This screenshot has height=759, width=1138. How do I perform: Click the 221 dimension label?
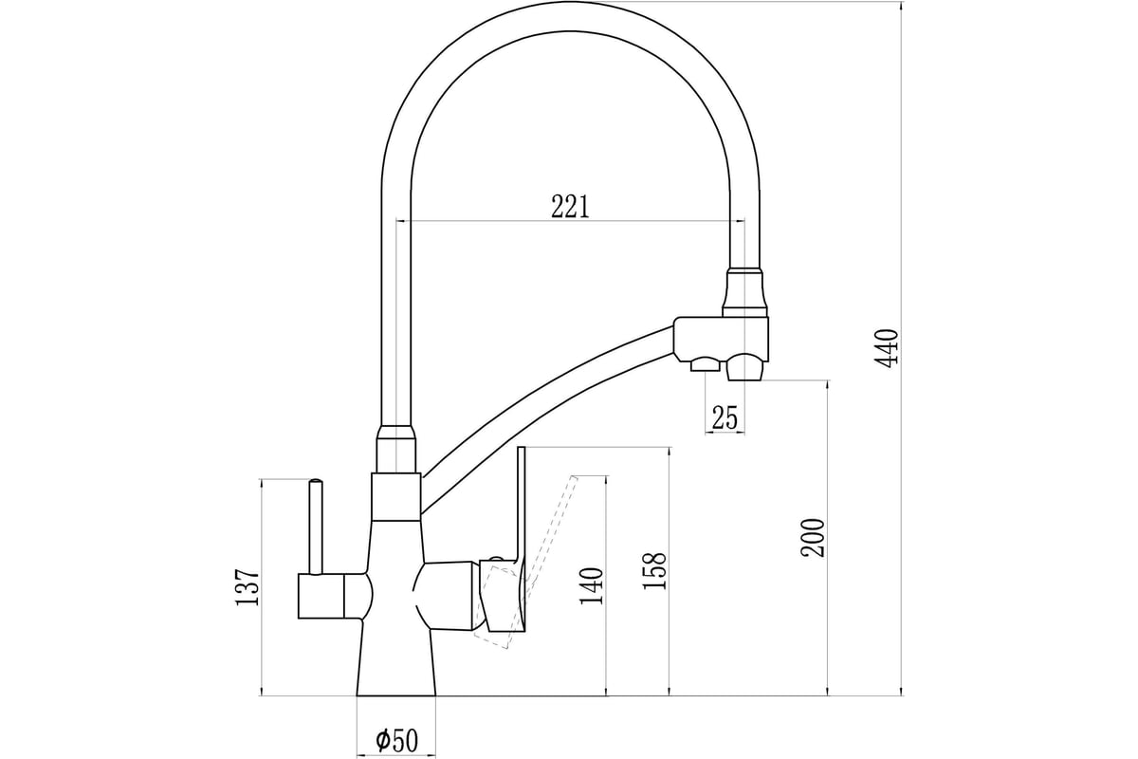pyautogui.click(x=570, y=207)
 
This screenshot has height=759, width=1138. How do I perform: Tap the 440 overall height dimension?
pyautogui.click(x=887, y=348)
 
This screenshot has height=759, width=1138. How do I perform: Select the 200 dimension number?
pyautogui.click(x=813, y=537)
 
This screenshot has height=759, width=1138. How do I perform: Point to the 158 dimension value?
pyautogui.click(x=654, y=571)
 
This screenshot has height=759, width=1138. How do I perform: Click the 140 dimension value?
pyautogui.click(x=591, y=585)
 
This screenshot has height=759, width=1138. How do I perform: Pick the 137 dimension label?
pyautogui.click(x=248, y=586)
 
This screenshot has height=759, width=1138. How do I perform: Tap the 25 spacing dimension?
pyautogui.click(x=725, y=417)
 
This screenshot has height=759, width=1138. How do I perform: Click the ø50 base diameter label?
pyautogui.click(x=396, y=740)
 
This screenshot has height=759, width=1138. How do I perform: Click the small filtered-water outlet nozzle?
pyautogui.click(x=705, y=364)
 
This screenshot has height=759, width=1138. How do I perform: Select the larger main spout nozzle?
pyautogui.click(x=745, y=366)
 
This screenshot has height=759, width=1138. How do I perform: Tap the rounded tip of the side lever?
pyautogui.click(x=316, y=480)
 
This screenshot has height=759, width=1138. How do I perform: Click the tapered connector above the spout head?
pyautogui.click(x=745, y=293)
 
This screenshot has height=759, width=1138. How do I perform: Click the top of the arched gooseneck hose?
pyautogui.click(x=570, y=16)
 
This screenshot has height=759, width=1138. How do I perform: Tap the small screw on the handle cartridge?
pyautogui.click(x=496, y=559)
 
